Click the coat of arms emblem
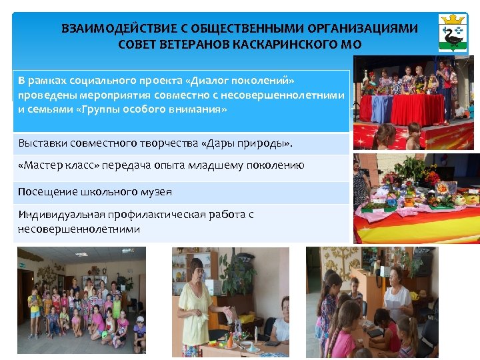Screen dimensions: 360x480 pyautogui.click(x=453, y=33)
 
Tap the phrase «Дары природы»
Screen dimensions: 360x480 pyautogui.click(x=247, y=143)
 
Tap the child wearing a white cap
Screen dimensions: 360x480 pyautogui.click(x=139, y=331)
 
